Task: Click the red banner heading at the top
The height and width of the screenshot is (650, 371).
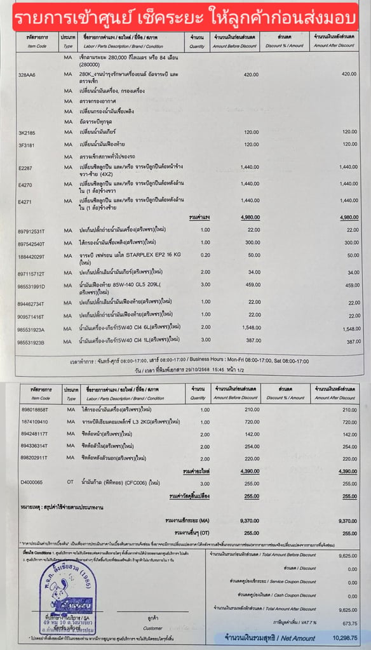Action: click(185, 15)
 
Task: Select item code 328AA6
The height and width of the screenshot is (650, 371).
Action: click(27, 75)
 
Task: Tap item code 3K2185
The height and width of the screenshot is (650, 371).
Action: click(27, 132)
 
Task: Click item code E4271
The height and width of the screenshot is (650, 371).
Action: click(25, 202)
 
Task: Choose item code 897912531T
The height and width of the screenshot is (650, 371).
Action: click(32, 230)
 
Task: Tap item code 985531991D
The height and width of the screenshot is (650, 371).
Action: click(32, 286)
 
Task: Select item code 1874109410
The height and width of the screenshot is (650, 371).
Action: click(31, 421)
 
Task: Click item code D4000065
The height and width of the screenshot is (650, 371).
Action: click(29, 483)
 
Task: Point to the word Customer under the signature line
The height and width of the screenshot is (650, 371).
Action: click(152, 627)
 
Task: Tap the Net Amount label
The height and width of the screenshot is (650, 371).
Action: click(299, 638)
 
